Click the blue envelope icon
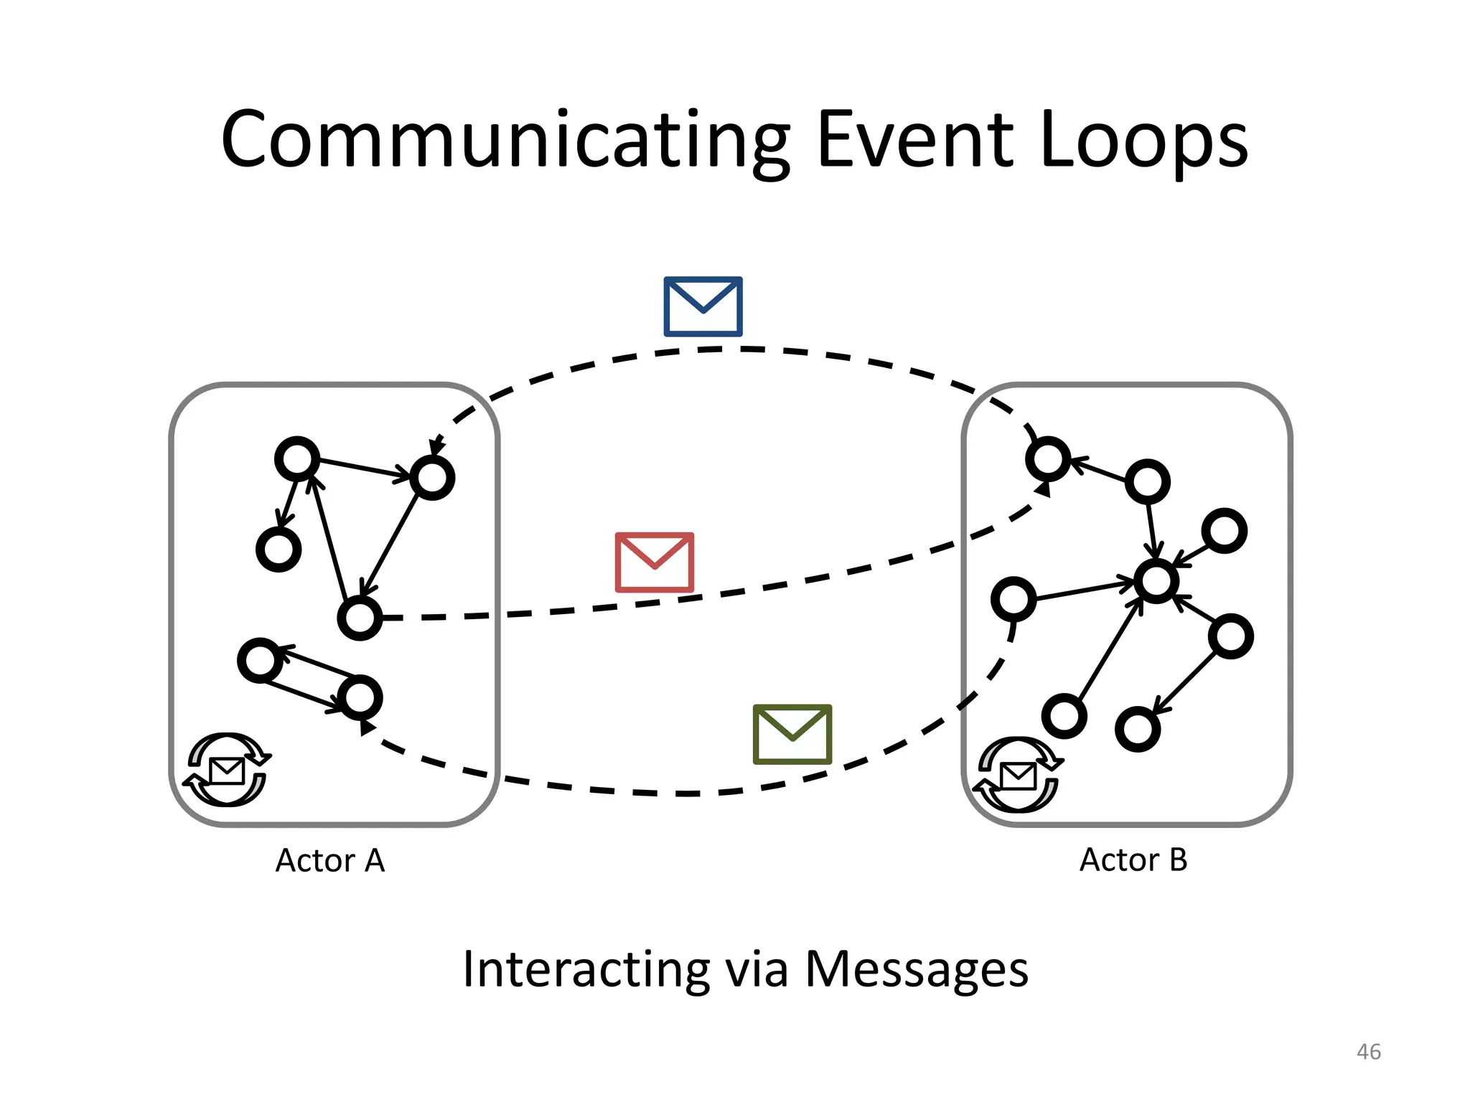(x=703, y=306)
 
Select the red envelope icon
(x=654, y=562)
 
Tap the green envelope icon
(x=792, y=734)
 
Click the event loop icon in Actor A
(x=228, y=770)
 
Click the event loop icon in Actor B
(x=1017, y=775)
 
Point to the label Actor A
(x=330, y=860)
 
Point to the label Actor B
(x=1133, y=860)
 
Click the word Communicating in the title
(x=506, y=140)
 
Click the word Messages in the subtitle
(x=917, y=969)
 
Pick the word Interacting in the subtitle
(x=586, y=969)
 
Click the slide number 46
(x=1368, y=1052)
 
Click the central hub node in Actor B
(x=1156, y=581)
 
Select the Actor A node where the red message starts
(x=360, y=618)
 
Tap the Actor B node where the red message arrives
(x=1049, y=459)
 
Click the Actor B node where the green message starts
(x=1013, y=599)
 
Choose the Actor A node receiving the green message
(x=360, y=697)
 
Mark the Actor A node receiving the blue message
(x=432, y=478)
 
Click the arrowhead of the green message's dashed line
(x=366, y=727)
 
